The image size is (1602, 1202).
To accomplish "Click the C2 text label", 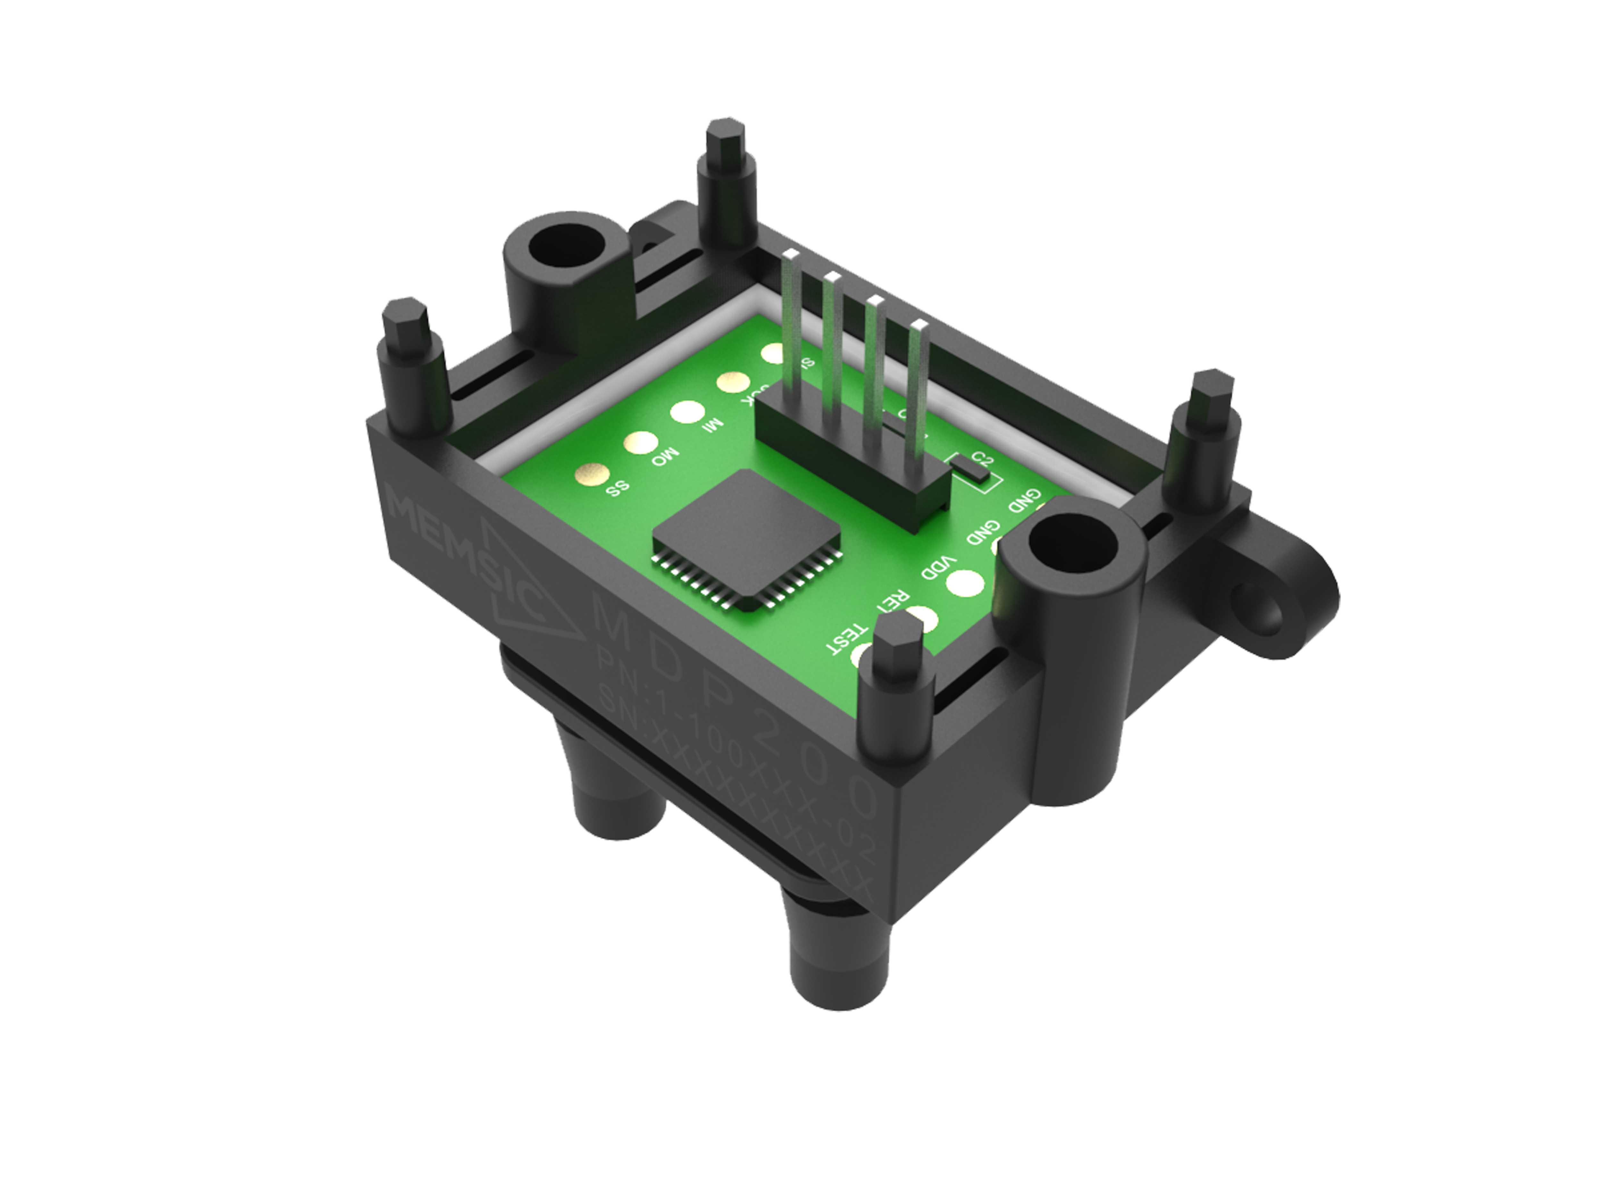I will tap(983, 458).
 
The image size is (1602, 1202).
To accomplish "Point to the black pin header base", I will tap(855, 464).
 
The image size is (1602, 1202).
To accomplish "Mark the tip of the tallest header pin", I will tap(791, 254).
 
